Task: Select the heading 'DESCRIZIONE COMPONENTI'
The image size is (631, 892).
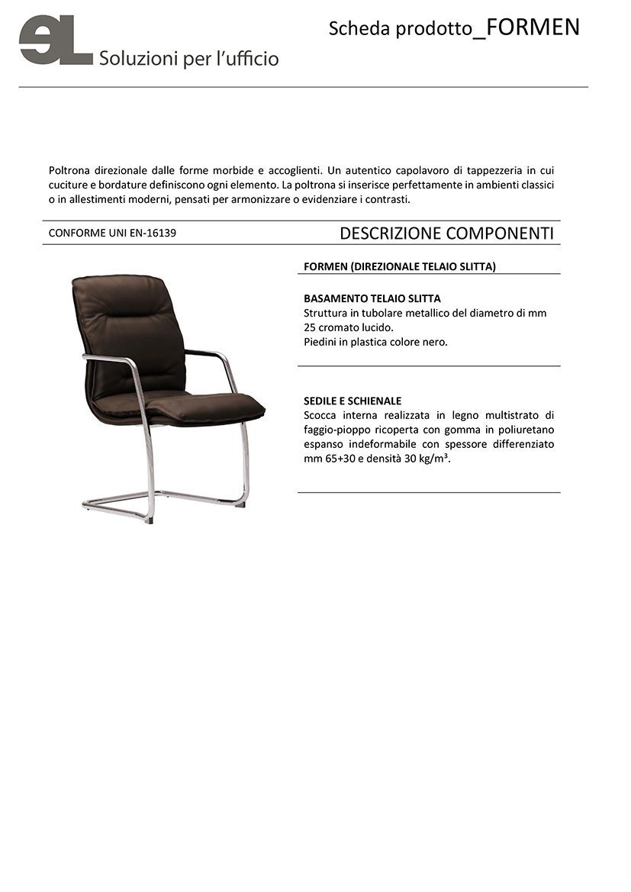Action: coord(446,233)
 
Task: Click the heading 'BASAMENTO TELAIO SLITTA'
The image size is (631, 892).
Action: coord(372,298)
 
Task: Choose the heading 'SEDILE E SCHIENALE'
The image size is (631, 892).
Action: coord(353,401)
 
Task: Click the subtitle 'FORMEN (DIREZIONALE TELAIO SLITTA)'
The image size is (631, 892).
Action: coord(400,266)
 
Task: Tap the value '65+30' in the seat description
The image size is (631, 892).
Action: coord(339,459)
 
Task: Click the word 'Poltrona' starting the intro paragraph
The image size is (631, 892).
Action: coord(69,171)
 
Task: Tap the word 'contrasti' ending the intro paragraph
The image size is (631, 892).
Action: coord(387,200)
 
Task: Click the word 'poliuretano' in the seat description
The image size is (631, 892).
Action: coord(523,430)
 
